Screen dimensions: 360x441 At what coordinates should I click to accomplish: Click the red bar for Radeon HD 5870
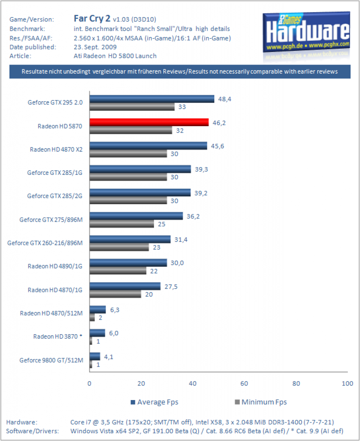[x=149, y=122]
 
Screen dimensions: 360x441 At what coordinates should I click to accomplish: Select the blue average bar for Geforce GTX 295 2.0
[x=152, y=99]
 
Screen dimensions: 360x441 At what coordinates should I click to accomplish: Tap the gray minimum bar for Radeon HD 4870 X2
[x=128, y=154]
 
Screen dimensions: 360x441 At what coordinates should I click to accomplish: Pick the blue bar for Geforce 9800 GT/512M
[x=95, y=357]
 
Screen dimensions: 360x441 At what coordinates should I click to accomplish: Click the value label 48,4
[x=225, y=99]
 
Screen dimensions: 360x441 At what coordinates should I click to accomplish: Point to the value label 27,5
[x=171, y=286]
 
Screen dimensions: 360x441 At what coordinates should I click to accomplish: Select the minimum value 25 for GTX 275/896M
[x=162, y=224]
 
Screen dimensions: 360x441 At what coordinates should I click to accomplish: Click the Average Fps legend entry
[x=154, y=402]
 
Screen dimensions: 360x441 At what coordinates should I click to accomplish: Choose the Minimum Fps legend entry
[x=261, y=402]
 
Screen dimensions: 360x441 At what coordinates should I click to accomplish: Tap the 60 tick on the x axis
[x=244, y=383]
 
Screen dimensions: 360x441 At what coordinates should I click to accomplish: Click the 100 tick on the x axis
[x=347, y=383]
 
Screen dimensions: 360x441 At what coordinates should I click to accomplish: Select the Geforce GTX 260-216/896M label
[x=45, y=243]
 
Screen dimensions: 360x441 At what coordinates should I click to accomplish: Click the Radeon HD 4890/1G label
[x=55, y=266]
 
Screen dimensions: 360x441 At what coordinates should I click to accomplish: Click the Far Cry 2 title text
[x=92, y=18]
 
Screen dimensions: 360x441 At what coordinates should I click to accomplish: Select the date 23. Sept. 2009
[x=95, y=47]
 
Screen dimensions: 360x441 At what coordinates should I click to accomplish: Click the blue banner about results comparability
[x=180, y=72]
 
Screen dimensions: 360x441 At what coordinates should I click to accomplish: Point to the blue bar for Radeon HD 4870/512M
[x=98, y=310]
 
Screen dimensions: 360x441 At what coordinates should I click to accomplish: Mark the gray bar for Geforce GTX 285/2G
[x=128, y=201]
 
